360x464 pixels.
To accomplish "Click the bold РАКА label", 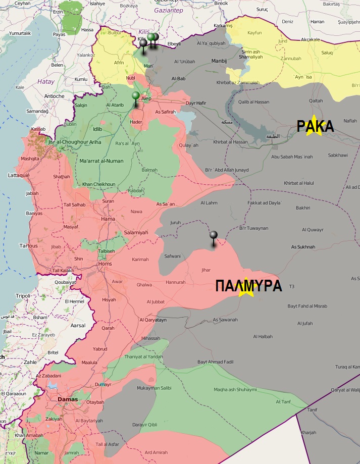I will click(315, 126).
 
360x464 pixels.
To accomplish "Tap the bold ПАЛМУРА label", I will click(248, 286).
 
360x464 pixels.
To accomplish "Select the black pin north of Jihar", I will click(214, 235).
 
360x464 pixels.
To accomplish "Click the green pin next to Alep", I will click(135, 96).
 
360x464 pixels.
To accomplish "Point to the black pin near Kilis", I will click(143, 44).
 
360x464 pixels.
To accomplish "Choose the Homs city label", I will click(105, 264).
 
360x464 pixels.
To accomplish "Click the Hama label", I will click(108, 219).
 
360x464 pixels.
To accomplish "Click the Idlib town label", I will click(98, 130).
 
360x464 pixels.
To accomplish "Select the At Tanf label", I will click(283, 402).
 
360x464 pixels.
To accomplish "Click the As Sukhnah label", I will click(303, 247).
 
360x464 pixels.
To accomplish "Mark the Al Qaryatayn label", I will click(153, 320).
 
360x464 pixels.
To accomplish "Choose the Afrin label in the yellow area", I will click(119, 63).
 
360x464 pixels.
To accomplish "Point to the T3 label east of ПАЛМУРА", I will click(291, 287).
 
